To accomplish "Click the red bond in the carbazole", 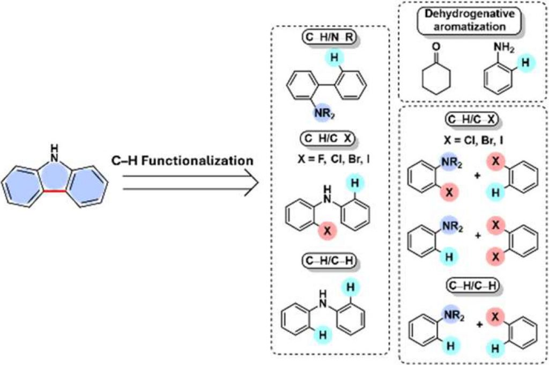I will coord(55,190).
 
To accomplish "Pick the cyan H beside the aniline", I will coord(526,63).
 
